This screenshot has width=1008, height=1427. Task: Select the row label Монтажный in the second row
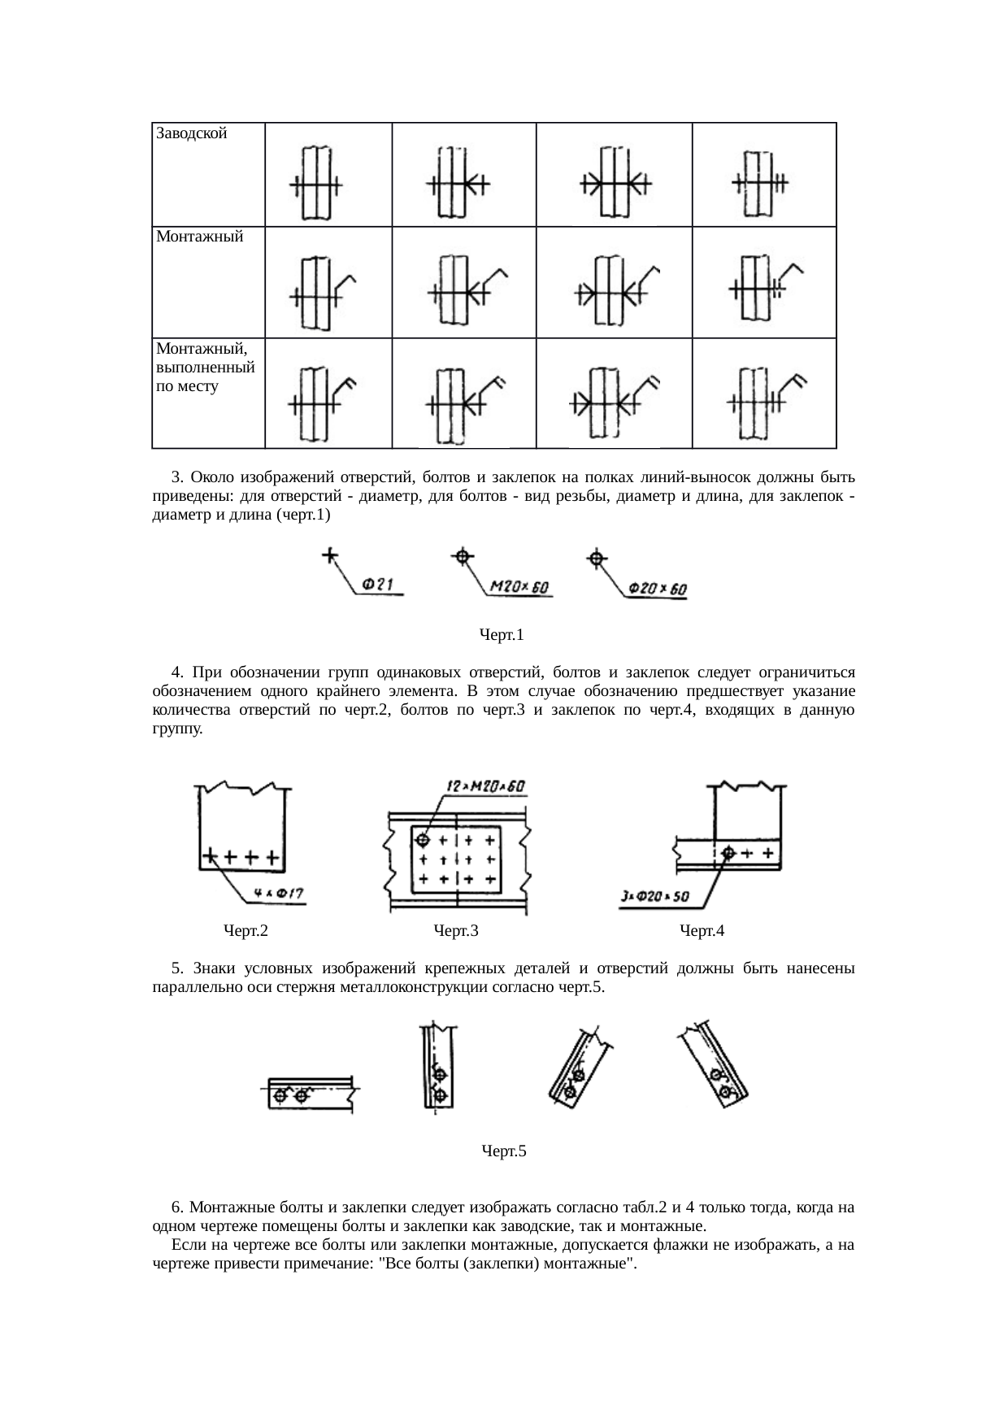pos(200,237)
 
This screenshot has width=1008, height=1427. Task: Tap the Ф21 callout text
pos(378,584)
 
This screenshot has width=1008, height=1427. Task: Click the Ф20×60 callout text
pos(658,588)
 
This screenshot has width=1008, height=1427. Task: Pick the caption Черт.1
pos(502,633)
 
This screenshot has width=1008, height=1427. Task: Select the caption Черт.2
pos(245,930)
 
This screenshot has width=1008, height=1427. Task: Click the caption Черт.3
pos(456,930)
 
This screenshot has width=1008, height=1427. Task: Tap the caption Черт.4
pos(702,930)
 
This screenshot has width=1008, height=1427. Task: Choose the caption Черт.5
pos(504,1151)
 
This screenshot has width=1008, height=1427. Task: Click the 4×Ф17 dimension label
pos(279,894)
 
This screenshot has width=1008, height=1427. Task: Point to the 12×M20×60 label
pos(486,786)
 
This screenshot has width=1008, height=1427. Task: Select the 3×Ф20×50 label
pos(654,897)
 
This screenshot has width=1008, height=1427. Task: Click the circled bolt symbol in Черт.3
pos(423,839)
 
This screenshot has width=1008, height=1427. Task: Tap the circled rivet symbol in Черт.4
pos(728,853)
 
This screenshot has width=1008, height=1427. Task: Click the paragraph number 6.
pos(176,1207)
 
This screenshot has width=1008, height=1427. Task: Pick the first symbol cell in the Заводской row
pos(328,174)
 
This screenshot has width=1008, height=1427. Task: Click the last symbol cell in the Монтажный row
pos(764,281)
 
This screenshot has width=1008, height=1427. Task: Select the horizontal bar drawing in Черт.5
pos(311,1094)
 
